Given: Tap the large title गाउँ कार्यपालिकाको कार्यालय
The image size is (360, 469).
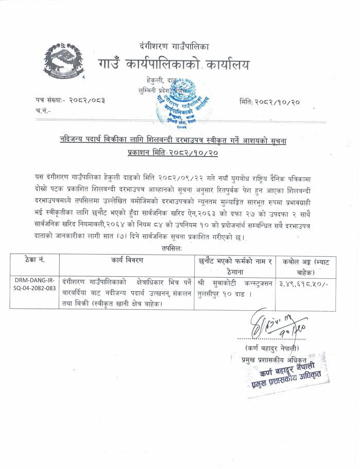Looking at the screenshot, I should [x=174, y=64].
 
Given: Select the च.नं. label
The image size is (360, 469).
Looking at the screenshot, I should [x=43, y=110].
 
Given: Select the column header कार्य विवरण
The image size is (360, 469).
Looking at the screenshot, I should [x=126, y=261].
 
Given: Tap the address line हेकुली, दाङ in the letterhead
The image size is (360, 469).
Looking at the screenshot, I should [x=162, y=81].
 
